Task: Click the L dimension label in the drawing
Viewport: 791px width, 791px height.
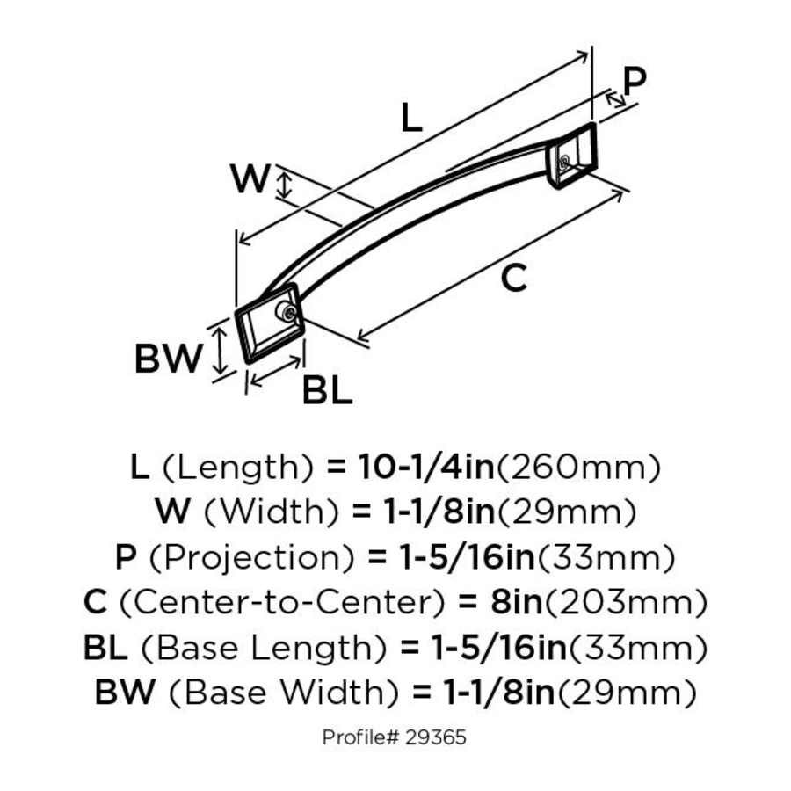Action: (x=410, y=118)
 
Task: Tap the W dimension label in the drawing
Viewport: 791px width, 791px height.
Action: (x=250, y=179)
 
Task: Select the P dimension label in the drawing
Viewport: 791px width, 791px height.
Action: (x=634, y=81)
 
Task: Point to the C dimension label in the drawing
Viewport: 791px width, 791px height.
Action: (x=513, y=278)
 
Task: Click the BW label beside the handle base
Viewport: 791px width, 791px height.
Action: (x=168, y=358)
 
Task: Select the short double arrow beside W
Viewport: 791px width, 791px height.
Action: (x=283, y=185)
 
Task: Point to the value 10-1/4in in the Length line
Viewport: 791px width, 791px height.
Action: (x=425, y=467)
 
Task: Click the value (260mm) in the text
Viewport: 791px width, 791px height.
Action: (x=579, y=467)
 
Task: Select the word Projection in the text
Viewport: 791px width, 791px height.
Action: (x=250, y=557)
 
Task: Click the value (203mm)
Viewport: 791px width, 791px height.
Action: (x=620, y=602)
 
